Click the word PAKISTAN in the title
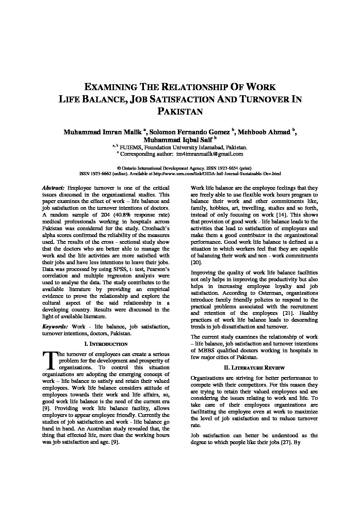(180, 112)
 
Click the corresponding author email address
(210, 154)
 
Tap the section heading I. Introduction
(105, 344)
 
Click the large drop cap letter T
(50, 361)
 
